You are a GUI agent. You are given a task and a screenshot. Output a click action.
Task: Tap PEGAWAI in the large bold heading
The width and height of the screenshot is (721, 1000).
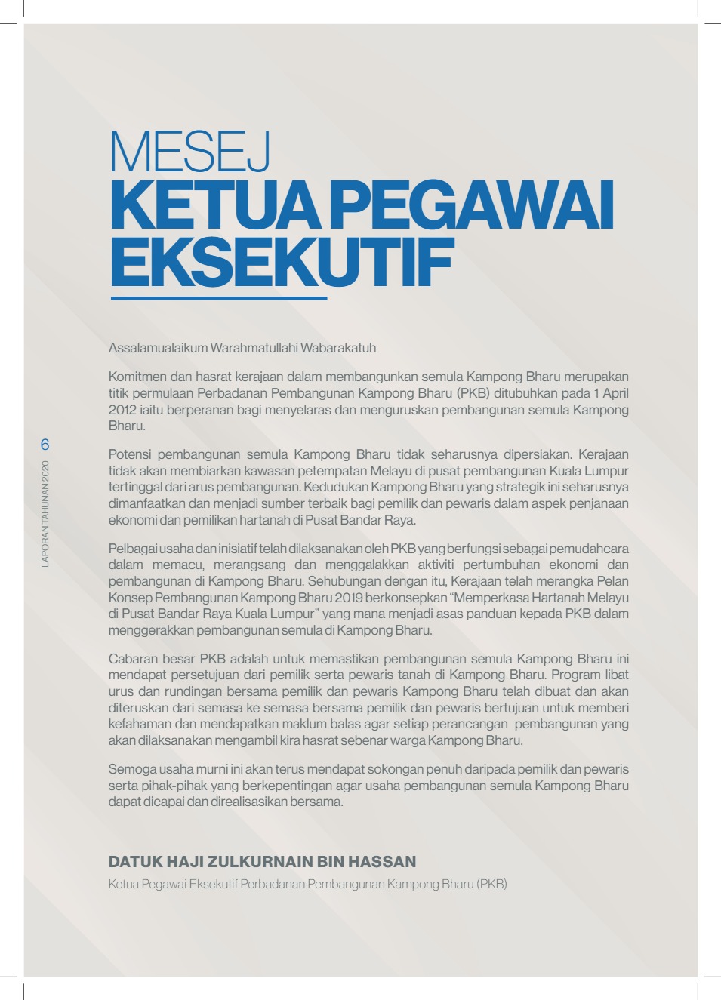[471, 206]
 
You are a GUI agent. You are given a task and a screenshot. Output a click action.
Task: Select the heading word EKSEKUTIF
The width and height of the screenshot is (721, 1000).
[282, 263]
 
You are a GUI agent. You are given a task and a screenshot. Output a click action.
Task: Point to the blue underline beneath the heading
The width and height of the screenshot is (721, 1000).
[218, 299]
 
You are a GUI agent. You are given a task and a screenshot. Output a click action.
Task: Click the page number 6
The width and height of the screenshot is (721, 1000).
[45, 445]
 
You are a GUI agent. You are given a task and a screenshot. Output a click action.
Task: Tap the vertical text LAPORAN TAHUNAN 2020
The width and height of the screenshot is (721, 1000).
[45, 513]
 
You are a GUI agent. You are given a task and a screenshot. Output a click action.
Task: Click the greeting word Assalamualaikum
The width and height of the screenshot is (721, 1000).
[158, 348]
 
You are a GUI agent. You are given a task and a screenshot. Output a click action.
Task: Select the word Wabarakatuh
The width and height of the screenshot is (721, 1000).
[338, 348]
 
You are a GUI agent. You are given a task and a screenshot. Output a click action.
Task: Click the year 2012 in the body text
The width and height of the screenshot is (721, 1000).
[122, 410]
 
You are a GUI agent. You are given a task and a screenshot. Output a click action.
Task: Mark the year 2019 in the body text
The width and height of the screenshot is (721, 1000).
[349, 598]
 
